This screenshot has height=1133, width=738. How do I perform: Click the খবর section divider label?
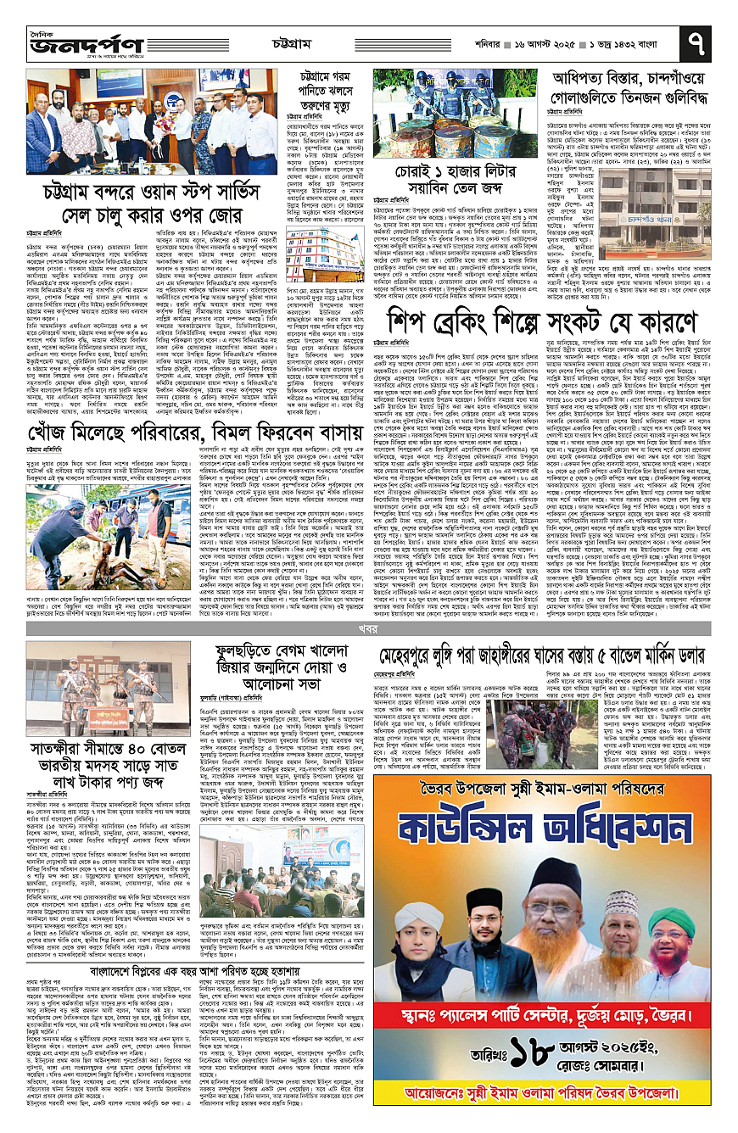[x=368, y=630]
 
